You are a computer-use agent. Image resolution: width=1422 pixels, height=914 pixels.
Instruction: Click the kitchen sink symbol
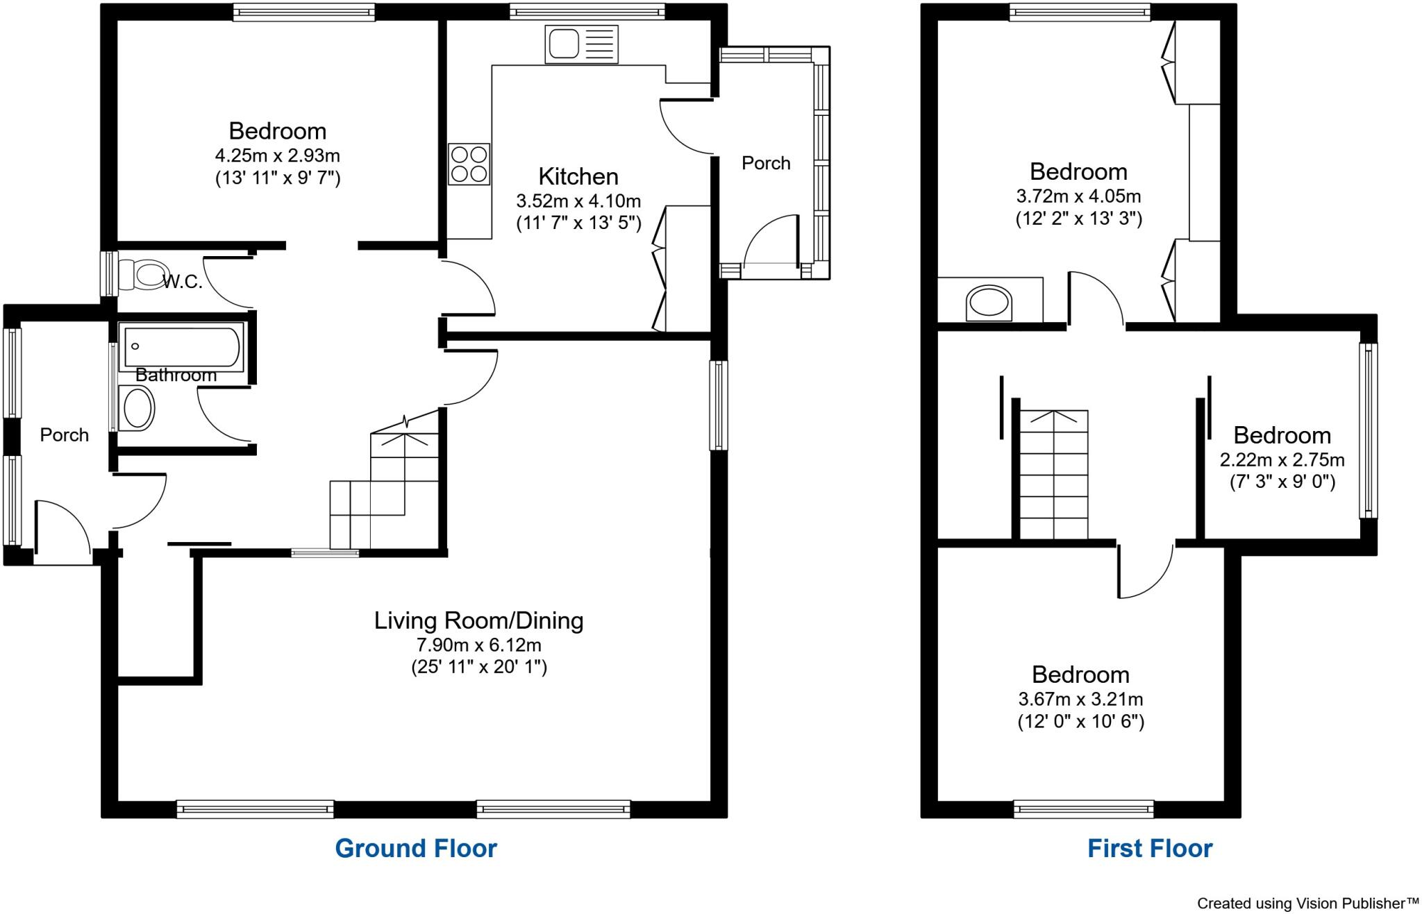581,44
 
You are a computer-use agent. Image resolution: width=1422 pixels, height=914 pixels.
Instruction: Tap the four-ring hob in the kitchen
469,164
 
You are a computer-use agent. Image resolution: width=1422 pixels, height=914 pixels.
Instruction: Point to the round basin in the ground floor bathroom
137,408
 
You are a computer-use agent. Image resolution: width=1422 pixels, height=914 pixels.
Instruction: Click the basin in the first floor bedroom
989,304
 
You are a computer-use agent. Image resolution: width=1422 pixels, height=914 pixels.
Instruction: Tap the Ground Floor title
416,848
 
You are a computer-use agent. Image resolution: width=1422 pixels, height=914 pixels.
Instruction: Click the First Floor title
1149,848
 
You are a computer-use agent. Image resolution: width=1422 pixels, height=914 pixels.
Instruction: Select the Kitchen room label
578,176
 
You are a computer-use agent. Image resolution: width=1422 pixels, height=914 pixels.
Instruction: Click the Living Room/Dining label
478,620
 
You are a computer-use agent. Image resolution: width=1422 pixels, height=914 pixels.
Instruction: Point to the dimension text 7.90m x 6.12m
478,645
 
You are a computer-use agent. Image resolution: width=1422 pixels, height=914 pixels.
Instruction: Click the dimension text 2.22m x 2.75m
1282,460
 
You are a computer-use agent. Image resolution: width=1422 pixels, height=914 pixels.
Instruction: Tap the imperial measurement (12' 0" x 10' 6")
1080,722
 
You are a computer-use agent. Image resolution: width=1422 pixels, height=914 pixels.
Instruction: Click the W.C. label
183,282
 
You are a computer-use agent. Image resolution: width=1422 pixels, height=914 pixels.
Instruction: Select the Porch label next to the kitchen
766,163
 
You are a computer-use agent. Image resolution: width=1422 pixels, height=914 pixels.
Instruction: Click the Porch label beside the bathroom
64,435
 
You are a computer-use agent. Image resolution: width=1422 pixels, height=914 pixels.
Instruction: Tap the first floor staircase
1053,475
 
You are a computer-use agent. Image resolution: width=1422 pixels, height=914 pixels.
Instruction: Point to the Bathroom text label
176,375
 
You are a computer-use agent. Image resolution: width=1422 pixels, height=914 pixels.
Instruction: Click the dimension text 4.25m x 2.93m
277,155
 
